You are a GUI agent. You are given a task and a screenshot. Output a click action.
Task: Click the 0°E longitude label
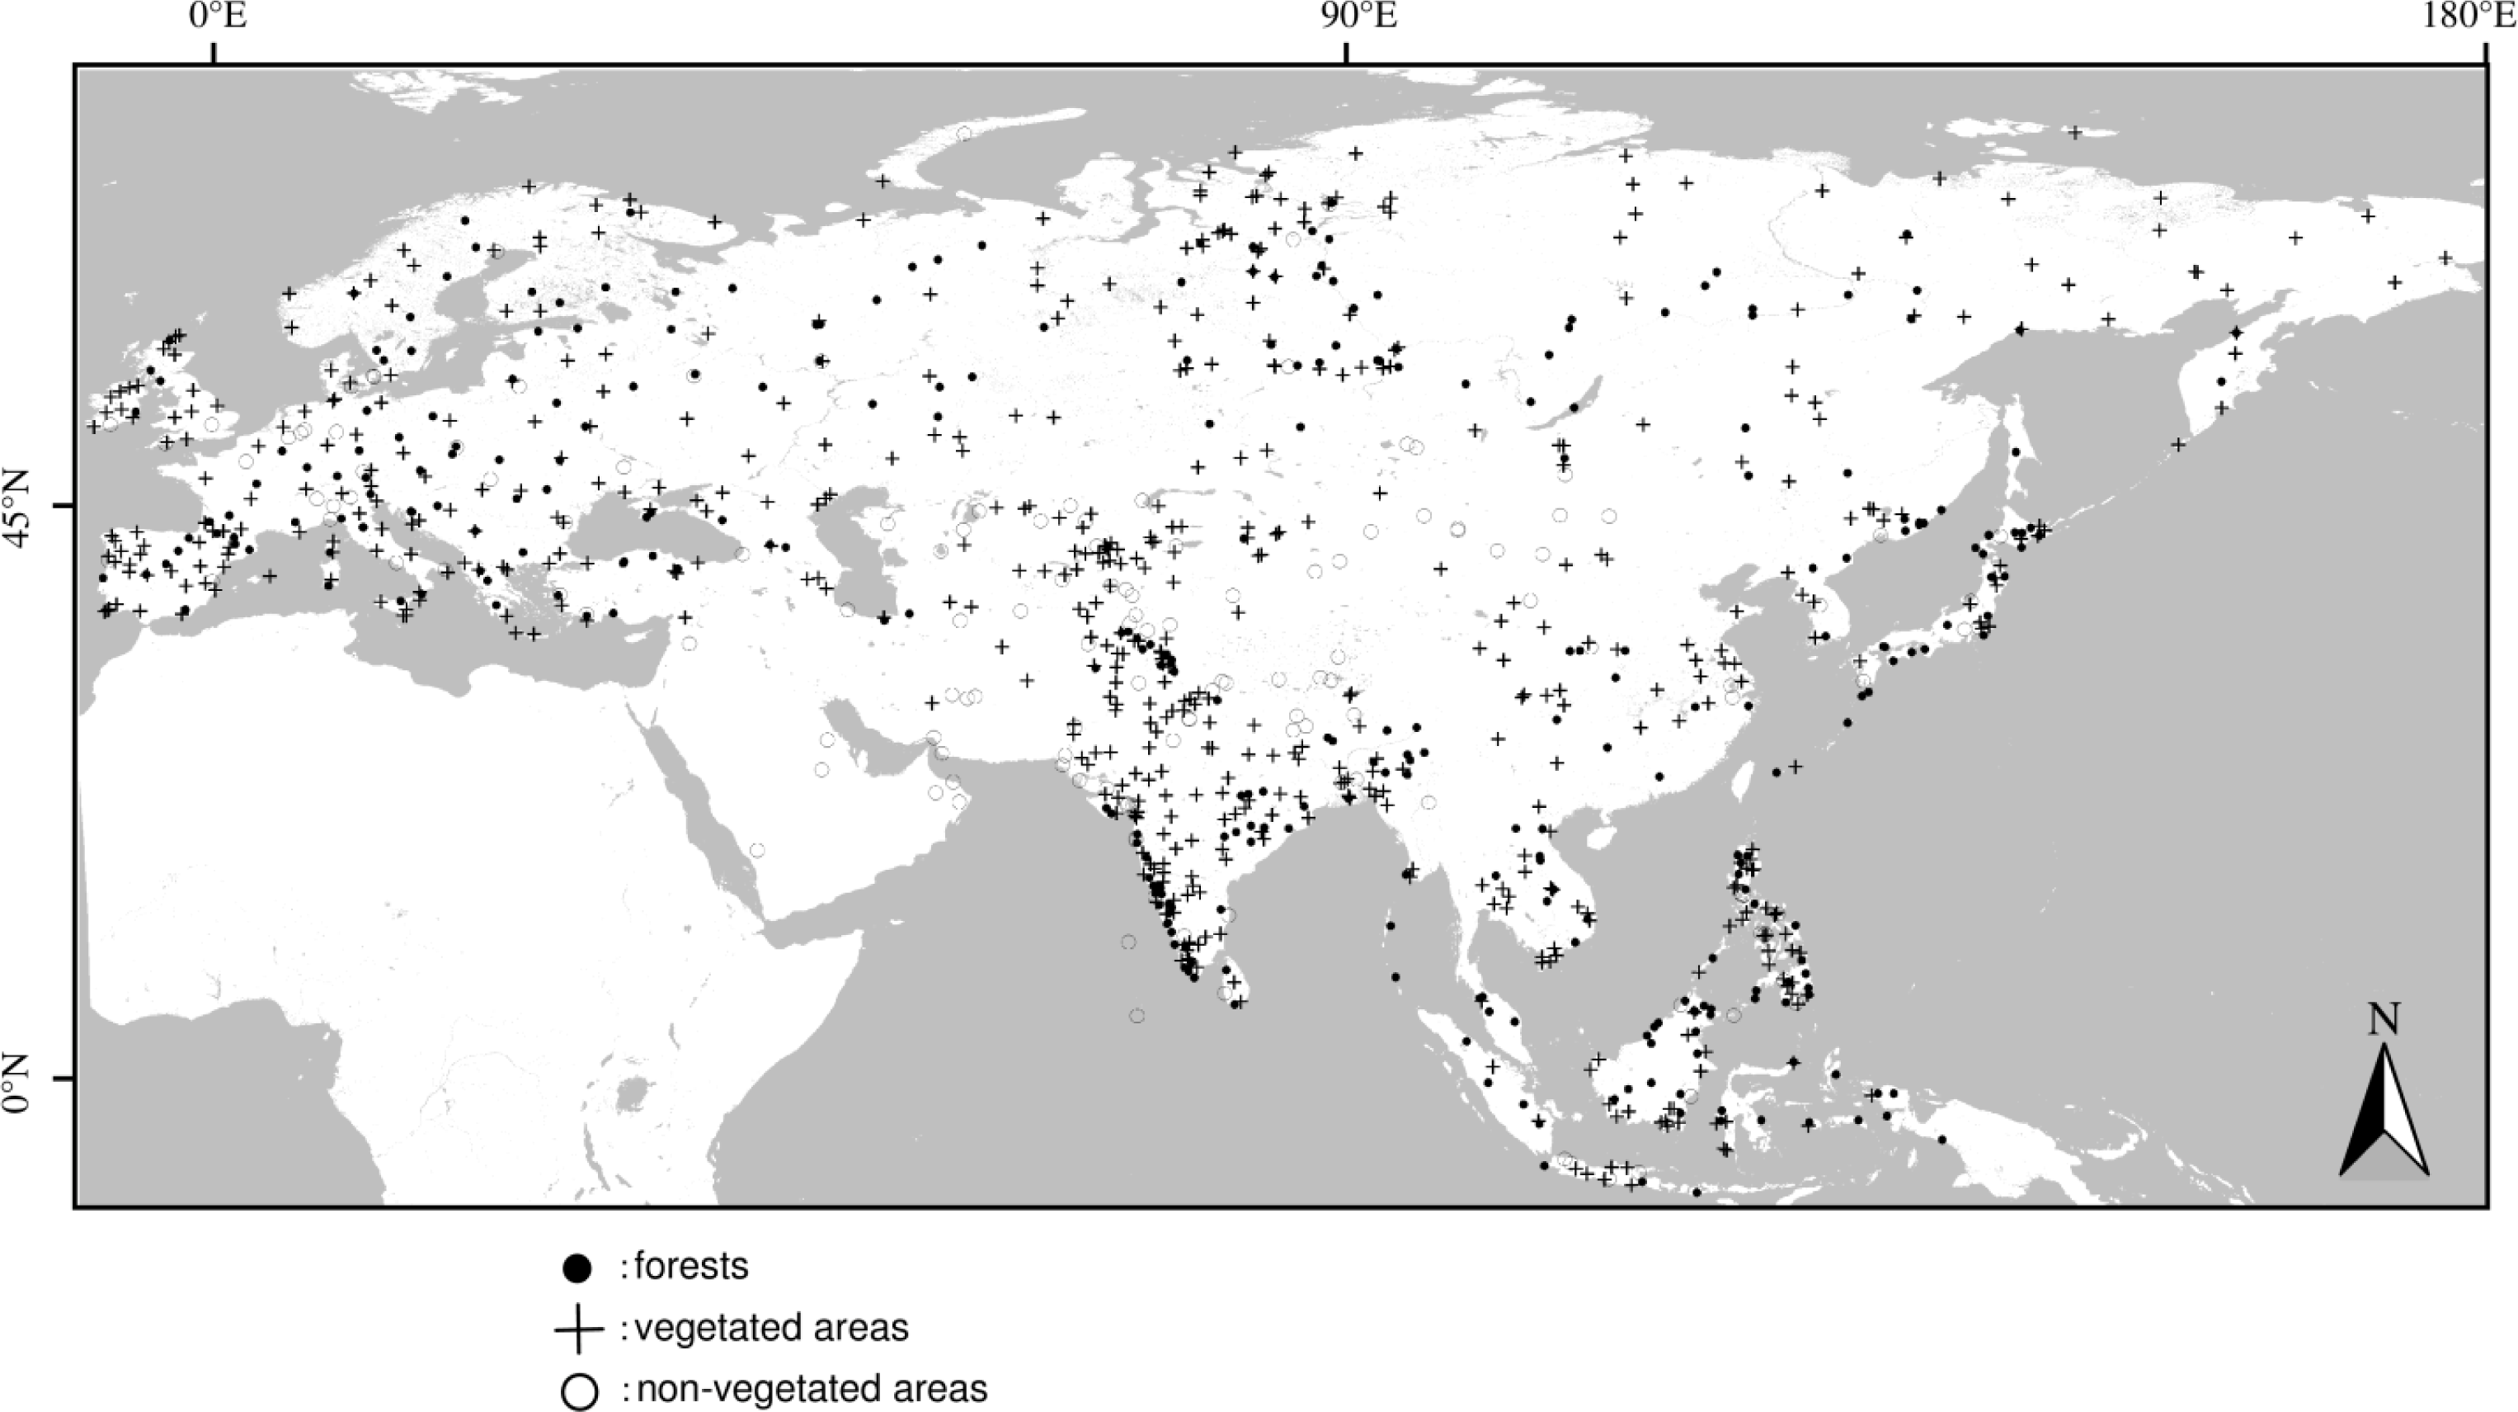(x=216, y=20)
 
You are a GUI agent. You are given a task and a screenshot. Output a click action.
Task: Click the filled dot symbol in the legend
(x=579, y=1269)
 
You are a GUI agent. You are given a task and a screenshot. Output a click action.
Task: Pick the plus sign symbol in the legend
(x=579, y=1329)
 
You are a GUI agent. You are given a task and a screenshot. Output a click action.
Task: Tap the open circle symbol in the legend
(x=579, y=1390)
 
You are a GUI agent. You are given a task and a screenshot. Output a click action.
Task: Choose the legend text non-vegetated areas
(x=812, y=1389)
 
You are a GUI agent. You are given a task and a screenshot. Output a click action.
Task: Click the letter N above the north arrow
(x=2383, y=1021)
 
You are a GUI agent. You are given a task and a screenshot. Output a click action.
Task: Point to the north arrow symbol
(x=2384, y=1115)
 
